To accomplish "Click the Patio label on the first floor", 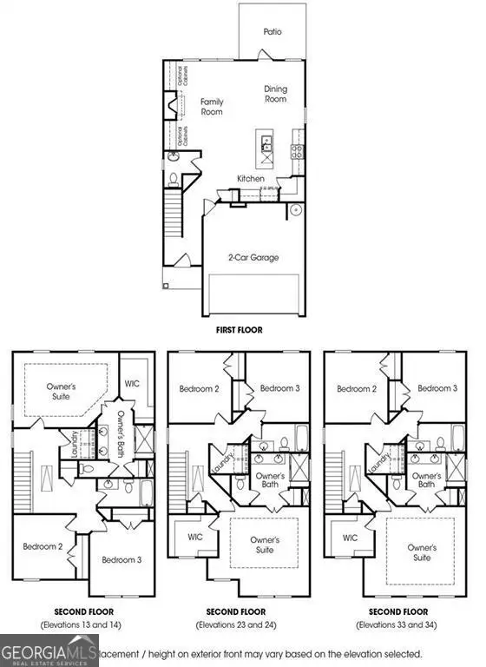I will click(273, 31).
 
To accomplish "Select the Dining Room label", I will click(276, 94).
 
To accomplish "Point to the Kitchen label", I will click(251, 179).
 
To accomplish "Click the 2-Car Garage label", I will click(253, 257).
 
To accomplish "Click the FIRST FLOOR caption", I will click(239, 330).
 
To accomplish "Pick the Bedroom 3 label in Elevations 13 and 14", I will click(121, 560).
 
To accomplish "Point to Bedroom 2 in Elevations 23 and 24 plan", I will click(198, 388).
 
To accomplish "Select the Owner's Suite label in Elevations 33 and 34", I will click(422, 553).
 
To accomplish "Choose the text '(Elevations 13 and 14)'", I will click(82, 624).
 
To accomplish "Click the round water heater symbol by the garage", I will click(295, 209).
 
